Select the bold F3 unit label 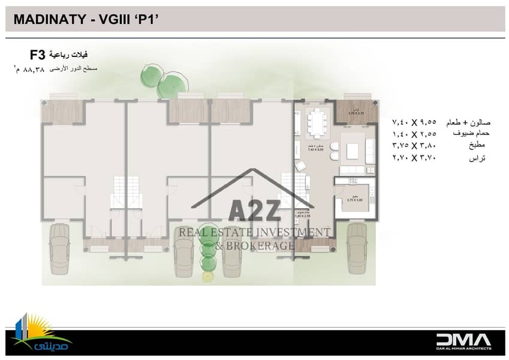(x=37, y=56)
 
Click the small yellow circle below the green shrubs (x=208, y=276)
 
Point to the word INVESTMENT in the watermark (x=294, y=232)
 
